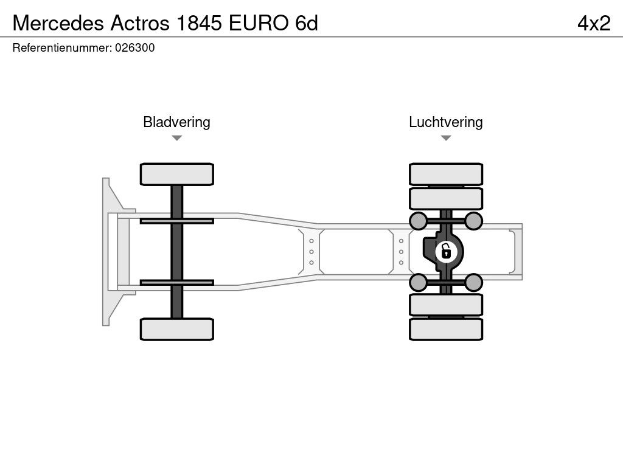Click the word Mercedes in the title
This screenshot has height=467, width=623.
[x=58, y=23]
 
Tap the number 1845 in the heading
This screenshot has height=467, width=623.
[x=199, y=23]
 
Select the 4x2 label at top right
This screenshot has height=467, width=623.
[x=594, y=23]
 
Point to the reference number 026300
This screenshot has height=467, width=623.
[x=134, y=47]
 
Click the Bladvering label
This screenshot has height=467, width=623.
[x=176, y=122]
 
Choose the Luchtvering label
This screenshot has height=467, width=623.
[x=446, y=122]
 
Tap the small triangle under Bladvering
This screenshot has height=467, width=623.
[x=177, y=138]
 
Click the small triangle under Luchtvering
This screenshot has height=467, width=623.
[x=446, y=138]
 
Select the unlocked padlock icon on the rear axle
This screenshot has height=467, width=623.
[x=446, y=251]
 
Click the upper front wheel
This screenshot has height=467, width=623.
[x=177, y=174]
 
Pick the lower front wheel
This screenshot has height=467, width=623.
[x=177, y=329]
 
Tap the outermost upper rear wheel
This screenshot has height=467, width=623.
[x=446, y=174]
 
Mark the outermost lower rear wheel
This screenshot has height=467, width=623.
[x=446, y=329]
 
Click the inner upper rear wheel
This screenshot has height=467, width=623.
[x=446, y=199]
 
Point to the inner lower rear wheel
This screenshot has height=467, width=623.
[x=446, y=305]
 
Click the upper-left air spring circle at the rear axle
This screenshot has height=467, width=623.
[x=419, y=221]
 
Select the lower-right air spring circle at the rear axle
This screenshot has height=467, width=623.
[x=473, y=282]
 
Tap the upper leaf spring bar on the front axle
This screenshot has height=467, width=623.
[x=177, y=221]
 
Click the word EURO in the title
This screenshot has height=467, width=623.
[x=259, y=23]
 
